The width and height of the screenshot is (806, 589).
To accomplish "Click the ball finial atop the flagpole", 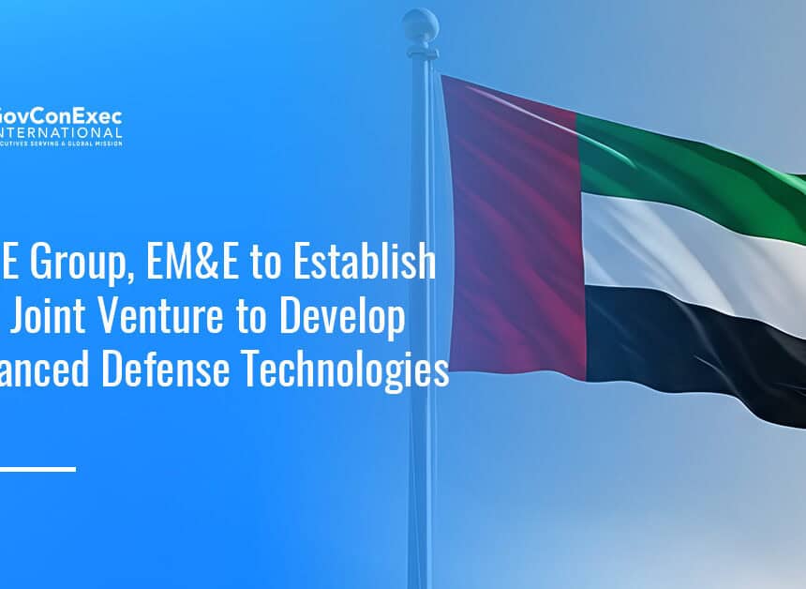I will point(420,25).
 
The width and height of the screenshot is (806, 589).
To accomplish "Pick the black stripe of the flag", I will point(694,347).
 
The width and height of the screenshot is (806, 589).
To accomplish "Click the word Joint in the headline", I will point(46,320).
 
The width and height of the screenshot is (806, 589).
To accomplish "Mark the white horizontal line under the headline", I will point(37,468).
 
